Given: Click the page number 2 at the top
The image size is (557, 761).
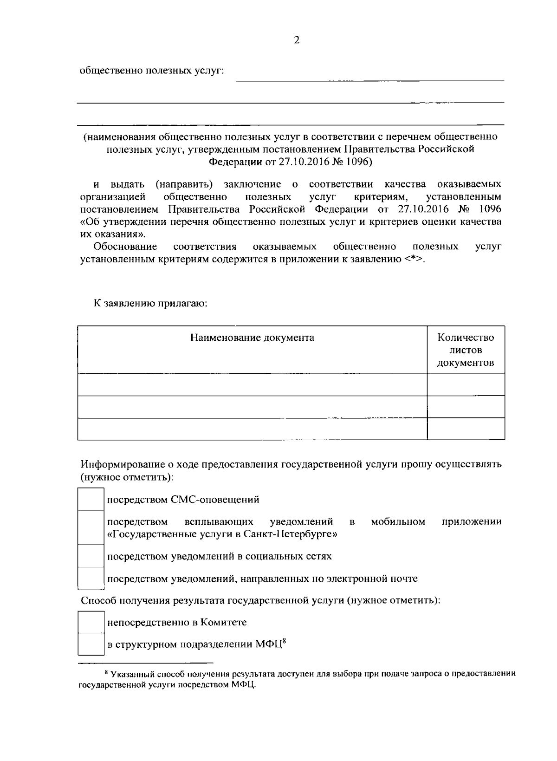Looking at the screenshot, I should [x=297, y=40].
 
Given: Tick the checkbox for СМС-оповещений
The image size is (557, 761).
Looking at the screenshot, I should [x=91, y=499].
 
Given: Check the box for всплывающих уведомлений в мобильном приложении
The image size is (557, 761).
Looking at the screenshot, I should [x=91, y=527].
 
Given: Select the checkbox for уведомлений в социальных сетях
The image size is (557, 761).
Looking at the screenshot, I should [x=91, y=556].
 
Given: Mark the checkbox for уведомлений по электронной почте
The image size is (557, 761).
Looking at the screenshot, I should [x=91, y=579].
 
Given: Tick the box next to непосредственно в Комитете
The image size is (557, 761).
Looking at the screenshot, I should [x=91, y=622].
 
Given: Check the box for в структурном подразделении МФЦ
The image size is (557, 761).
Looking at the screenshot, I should [x=91, y=644].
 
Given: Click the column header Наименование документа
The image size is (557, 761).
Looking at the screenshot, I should [x=252, y=338].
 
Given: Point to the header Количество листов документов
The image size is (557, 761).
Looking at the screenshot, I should [x=466, y=350].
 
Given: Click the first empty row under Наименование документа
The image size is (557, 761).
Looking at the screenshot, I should [x=252, y=384].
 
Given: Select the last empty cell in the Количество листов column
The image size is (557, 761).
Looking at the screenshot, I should [x=466, y=429].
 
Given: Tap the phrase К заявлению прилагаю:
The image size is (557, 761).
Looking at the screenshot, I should [x=150, y=304].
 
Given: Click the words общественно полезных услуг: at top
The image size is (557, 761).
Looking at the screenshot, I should [x=152, y=71].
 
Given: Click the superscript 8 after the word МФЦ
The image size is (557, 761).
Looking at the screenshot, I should [x=284, y=641].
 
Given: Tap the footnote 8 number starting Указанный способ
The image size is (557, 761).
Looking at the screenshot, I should [x=106, y=672].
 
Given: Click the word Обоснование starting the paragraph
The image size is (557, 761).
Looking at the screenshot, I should [x=125, y=246].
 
